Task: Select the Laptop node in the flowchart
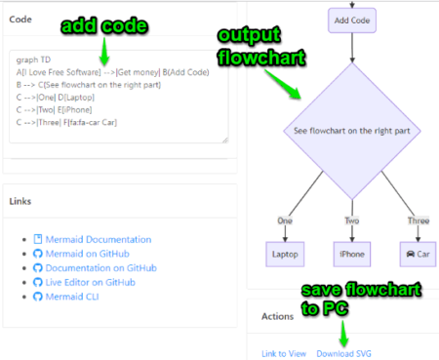[x=285, y=253]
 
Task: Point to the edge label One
[x=285, y=221]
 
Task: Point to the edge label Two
[x=351, y=221]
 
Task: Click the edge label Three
[x=417, y=221]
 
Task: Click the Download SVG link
[x=344, y=353]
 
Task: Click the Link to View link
[x=284, y=353]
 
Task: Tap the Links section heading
[x=22, y=202]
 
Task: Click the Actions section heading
[x=279, y=315]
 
